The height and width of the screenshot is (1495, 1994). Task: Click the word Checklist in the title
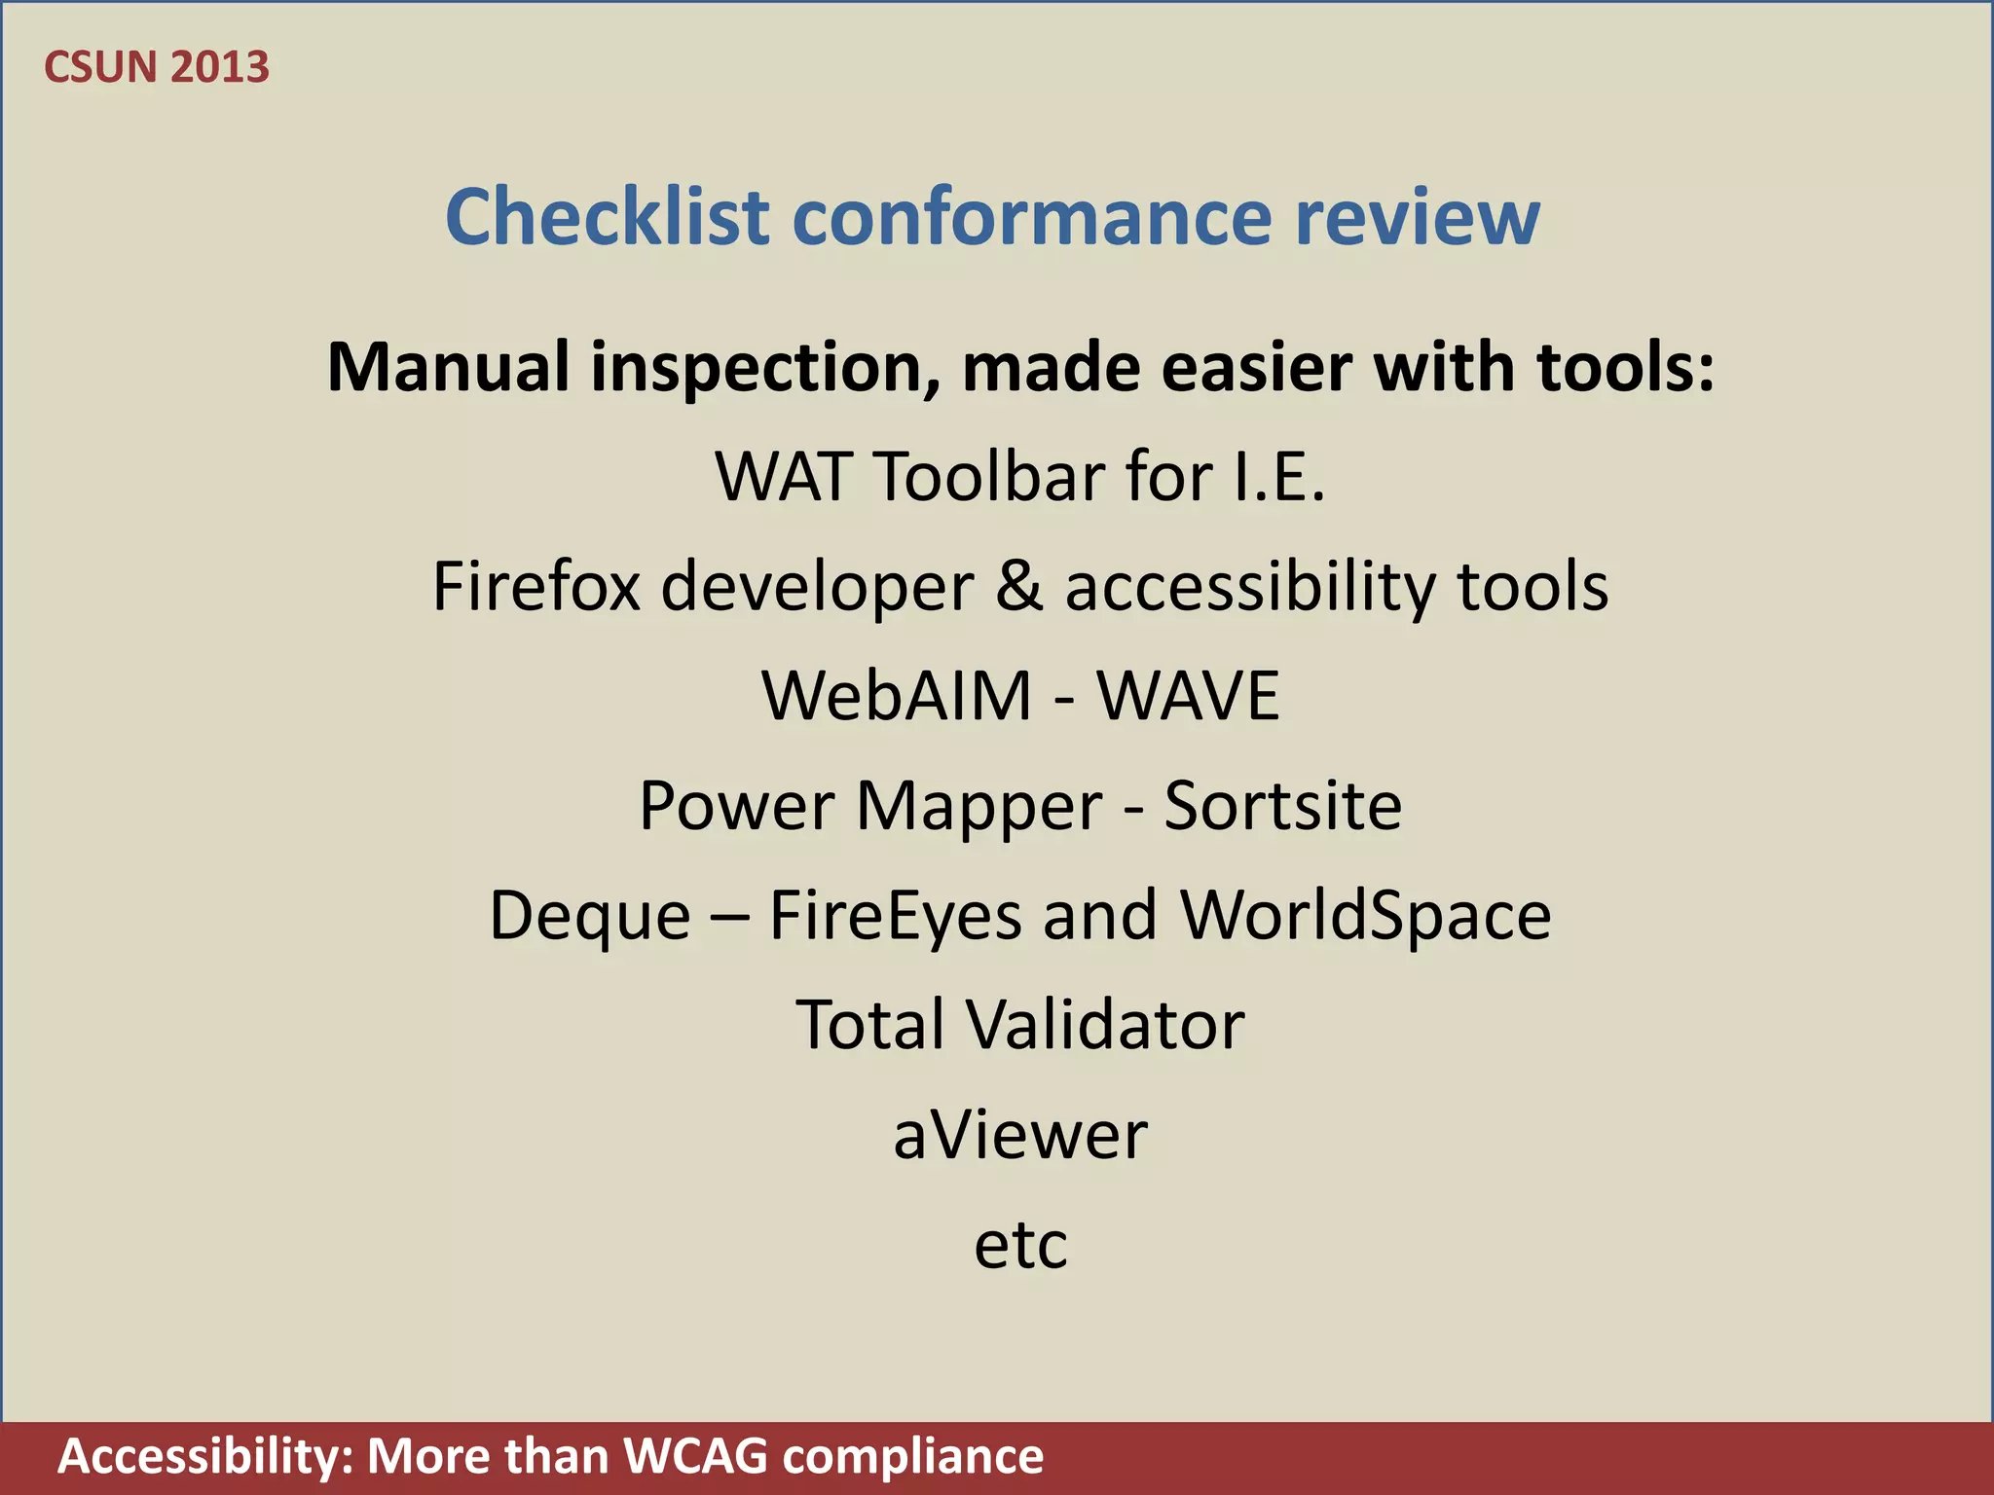(608, 216)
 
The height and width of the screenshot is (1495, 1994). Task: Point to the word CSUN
(100, 67)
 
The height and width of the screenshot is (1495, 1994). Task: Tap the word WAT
(784, 477)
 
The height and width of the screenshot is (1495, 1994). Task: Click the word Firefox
(536, 586)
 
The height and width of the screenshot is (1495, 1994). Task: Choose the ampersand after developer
(1018, 586)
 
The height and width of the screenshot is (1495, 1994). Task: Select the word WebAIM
(896, 696)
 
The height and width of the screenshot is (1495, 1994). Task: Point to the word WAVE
(1188, 696)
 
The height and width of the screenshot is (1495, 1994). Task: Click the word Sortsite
(1282, 806)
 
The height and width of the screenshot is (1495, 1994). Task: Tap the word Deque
(590, 916)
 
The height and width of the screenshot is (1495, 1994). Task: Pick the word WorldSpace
(1365, 916)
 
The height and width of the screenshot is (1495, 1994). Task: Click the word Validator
(1104, 1025)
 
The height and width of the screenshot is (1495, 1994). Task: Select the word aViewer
(1020, 1135)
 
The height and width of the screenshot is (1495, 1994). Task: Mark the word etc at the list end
(1020, 1245)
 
